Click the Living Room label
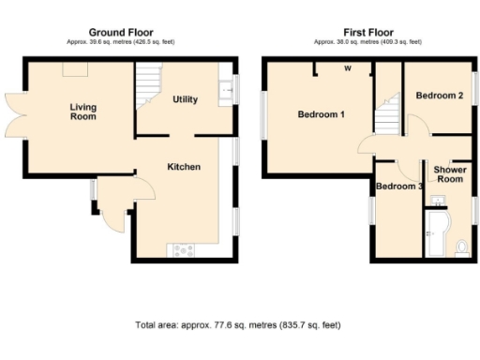[x=82, y=112]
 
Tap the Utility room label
[x=185, y=99]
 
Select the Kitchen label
[x=184, y=167]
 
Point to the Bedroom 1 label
[x=322, y=114]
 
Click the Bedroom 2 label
[x=440, y=96]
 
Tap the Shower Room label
[x=450, y=173]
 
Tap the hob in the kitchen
[x=179, y=248]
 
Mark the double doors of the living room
[x=12, y=114]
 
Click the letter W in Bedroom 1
[x=346, y=68]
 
